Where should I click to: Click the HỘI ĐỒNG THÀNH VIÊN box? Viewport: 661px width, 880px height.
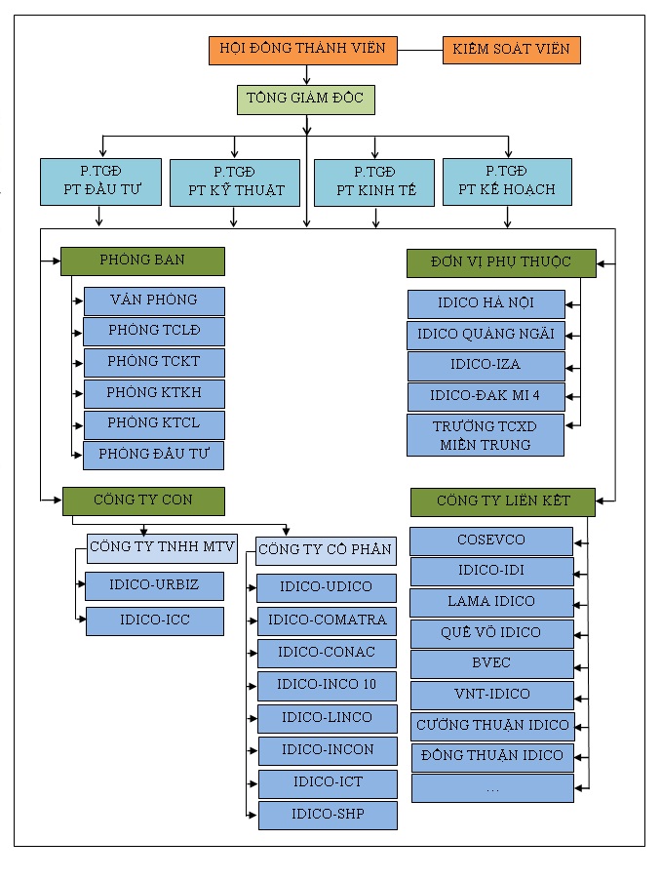tap(303, 50)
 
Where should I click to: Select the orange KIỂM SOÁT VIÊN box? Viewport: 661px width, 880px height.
tap(512, 50)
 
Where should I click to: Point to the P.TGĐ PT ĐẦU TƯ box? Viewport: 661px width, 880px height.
tap(101, 182)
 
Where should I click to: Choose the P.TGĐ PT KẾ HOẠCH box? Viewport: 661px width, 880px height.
tap(506, 182)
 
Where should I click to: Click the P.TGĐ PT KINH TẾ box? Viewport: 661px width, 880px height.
tap(374, 182)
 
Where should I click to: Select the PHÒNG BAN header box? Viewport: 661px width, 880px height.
tap(142, 260)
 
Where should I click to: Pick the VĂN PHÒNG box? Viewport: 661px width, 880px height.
tap(154, 300)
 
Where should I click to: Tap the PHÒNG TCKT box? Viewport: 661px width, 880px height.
tap(154, 362)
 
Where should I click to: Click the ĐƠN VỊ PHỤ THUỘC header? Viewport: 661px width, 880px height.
tap(501, 262)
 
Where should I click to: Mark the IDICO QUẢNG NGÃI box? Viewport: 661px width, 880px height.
tap(486, 335)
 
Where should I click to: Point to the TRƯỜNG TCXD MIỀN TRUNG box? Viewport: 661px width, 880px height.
tap(486, 435)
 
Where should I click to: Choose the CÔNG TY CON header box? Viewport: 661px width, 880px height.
tap(143, 500)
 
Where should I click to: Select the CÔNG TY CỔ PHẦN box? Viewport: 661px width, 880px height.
tap(327, 550)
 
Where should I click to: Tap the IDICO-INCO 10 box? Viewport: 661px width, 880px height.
tap(328, 685)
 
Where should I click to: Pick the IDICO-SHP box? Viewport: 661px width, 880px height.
tap(328, 815)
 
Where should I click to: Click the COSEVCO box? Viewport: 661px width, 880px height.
tap(491, 540)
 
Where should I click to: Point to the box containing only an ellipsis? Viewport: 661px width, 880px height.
tap(491, 787)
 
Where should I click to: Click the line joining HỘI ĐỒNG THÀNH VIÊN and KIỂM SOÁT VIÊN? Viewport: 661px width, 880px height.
tap(420, 50)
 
